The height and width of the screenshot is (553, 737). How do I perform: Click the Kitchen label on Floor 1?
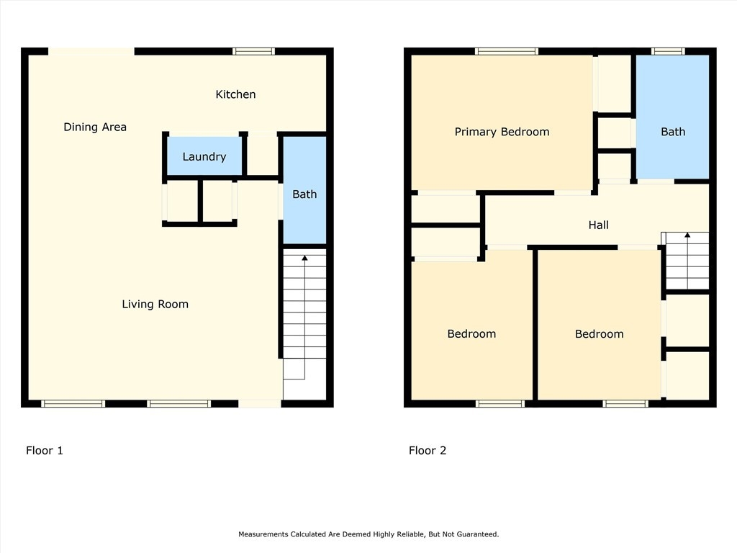click(235, 94)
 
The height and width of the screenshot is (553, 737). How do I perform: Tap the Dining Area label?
click(95, 127)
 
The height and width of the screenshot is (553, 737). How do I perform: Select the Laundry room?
click(204, 156)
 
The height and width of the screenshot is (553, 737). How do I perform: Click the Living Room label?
click(155, 305)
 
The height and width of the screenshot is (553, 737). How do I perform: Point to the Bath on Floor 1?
click(304, 190)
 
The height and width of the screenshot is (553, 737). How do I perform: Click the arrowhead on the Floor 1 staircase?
click(304, 258)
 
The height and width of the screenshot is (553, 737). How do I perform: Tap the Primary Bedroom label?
click(502, 132)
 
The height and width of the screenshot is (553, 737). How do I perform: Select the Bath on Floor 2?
click(673, 117)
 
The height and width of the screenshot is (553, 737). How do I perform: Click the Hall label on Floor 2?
click(598, 225)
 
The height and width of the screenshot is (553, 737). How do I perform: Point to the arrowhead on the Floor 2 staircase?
click(687, 235)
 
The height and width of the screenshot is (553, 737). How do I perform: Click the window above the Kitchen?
click(253, 51)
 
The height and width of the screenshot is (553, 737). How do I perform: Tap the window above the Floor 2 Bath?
click(668, 51)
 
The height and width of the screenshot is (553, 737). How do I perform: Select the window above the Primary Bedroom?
click(506, 51)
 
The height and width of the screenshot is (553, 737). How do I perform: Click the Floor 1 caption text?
click(44, 451)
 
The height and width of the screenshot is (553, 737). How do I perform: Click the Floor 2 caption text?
click(428, 451)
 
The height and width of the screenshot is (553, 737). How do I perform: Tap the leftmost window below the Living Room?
click(73, 403)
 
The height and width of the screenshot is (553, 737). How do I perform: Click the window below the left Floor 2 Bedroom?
click(499, 403)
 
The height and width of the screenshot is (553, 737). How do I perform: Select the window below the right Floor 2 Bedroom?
click(625, 403)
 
